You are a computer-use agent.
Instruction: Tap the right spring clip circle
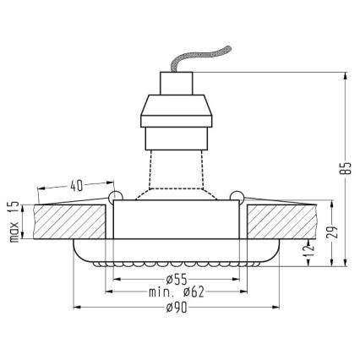coord(238,198)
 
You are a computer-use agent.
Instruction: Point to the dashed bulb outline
coord(177,173)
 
